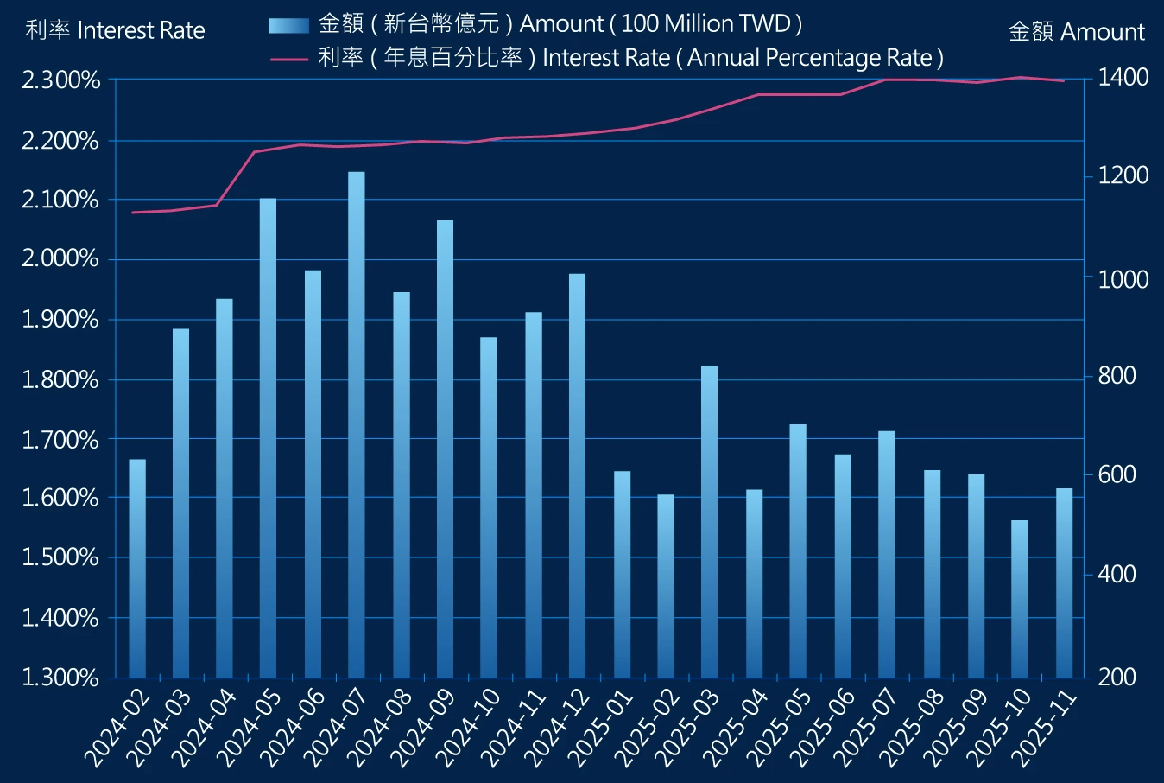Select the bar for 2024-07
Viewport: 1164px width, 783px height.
click(356, 423)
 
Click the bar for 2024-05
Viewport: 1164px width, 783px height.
click(268, 436)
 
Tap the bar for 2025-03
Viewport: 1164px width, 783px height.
click(709, 520)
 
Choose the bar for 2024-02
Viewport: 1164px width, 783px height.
click(137, 568)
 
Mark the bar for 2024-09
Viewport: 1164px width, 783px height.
click(445, 448)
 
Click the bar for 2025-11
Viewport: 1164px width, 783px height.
click(1064, 582)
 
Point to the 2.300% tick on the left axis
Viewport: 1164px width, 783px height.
click(60, 80)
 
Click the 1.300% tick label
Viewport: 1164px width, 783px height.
click(60, 677)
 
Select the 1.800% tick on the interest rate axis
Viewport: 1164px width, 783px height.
click(60, 379)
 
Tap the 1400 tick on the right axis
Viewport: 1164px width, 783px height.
click(1123, 78)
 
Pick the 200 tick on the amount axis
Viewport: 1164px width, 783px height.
click(1117, 677)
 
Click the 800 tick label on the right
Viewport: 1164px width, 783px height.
click(1117, 376)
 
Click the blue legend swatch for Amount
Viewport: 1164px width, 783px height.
click(288, 25)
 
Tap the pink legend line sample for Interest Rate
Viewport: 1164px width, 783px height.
click(288, 59)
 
